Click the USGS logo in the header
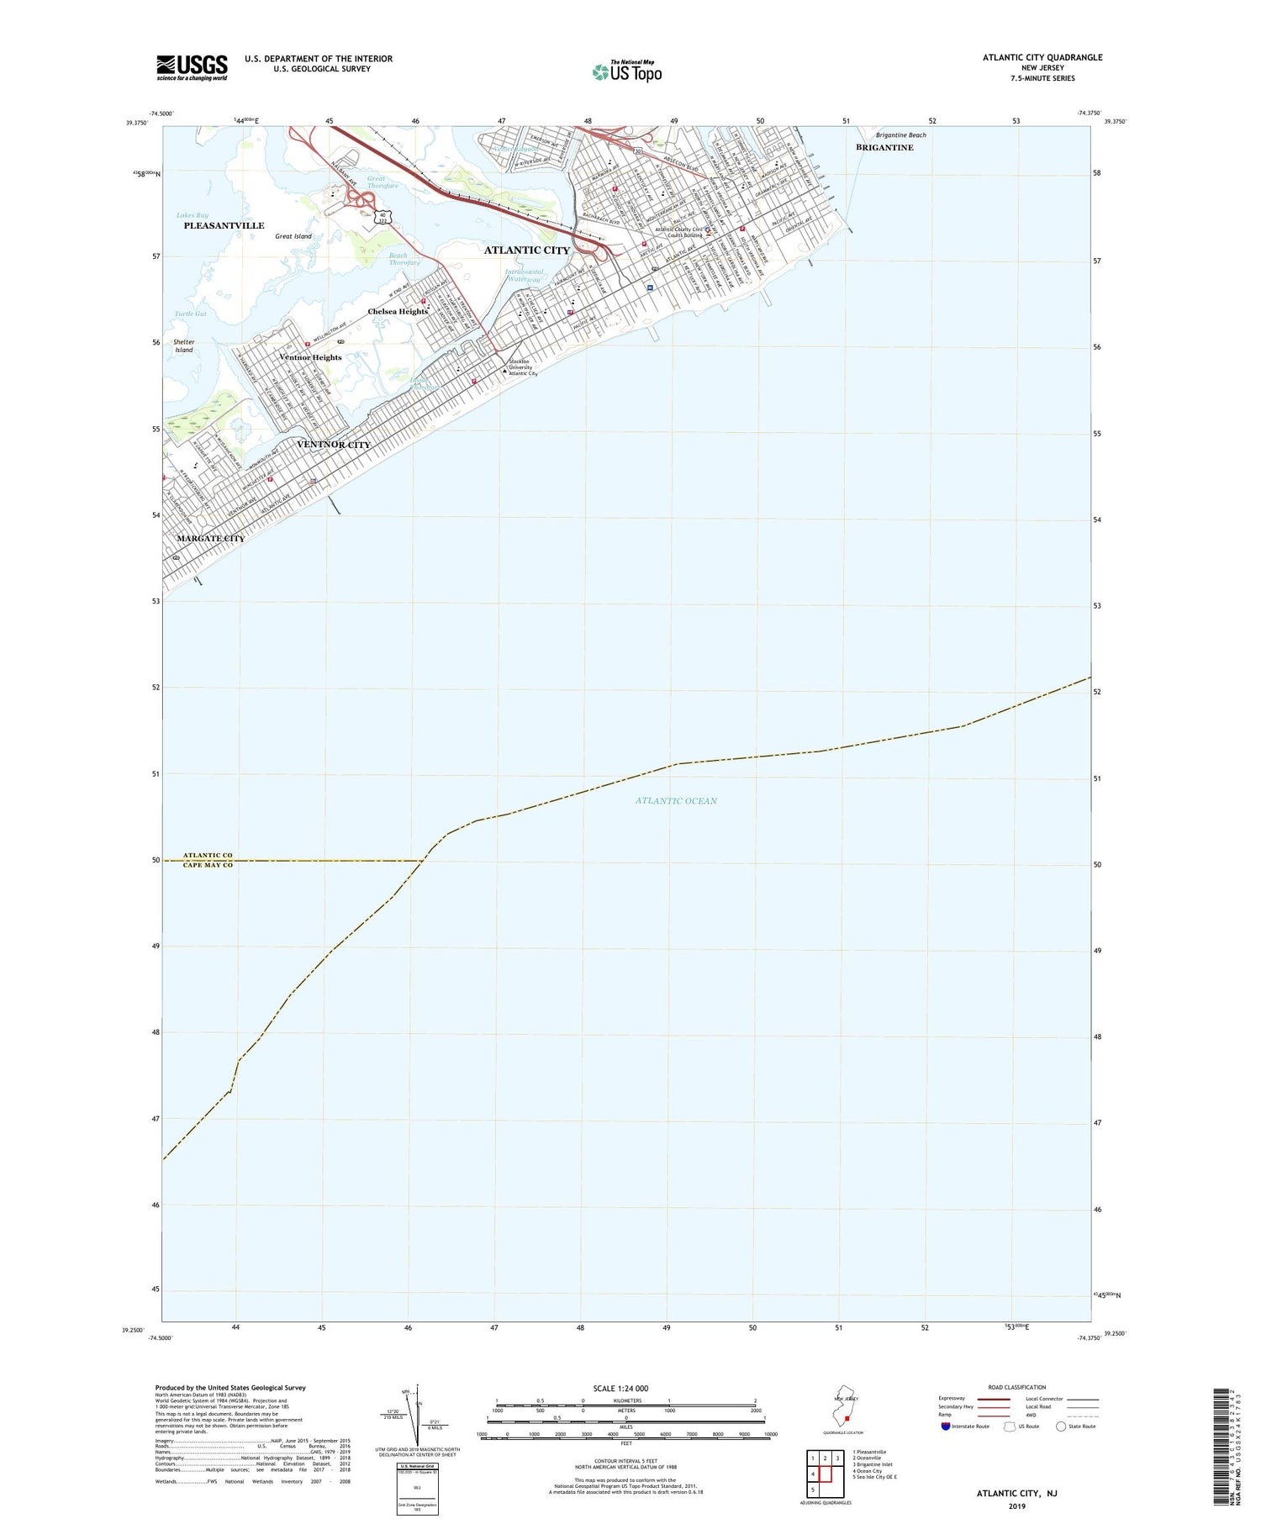click(192, 66)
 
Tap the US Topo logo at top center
click(627, 71)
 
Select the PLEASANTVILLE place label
click(224, 226)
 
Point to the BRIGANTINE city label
click(884, 148)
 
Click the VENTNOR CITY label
click(334, 445)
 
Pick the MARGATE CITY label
click(210, 539)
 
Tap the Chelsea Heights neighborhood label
click(398, 312)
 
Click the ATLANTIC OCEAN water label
click(676, 801)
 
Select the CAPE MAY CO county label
click(208, 866)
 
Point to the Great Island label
click(293, 237)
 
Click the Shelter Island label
click(184, 346)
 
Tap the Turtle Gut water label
click(191, 314)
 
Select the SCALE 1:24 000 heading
click(620, 1389)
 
